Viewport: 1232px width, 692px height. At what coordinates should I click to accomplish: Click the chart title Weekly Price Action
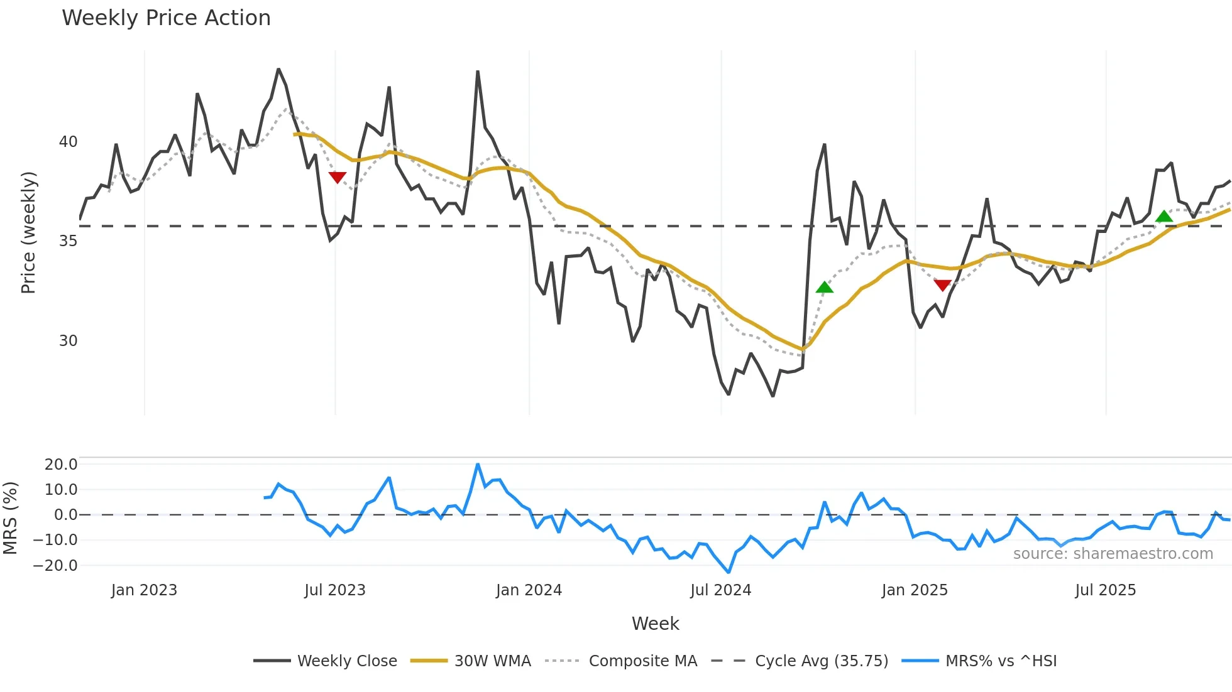pyautogui.click(x=166, y=18)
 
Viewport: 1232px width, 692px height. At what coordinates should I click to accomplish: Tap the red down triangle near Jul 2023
pyautogui.click(x=338, y=177)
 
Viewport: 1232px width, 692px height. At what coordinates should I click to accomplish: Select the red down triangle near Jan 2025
pyautogui.click(x=942, y=285)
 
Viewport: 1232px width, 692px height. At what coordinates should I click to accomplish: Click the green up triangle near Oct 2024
pyautogui.click(x=824, y=288)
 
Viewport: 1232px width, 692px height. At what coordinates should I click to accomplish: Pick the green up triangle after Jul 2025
pyautogui.click(x=1164, y=217)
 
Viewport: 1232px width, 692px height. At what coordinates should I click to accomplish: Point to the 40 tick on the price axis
pyautogui.click(x=68, y=142)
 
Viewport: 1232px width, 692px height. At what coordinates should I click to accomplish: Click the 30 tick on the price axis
pyautogui.click(x=68, y=341)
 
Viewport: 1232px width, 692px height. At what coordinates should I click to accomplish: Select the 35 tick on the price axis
pyautogui.click(x=68, y=241)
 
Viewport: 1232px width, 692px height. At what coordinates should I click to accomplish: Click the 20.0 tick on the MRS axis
pyautogui.click(x=61, y=465)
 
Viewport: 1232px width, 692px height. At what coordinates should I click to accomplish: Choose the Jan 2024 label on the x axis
pyautogui.click(x=529, y=590)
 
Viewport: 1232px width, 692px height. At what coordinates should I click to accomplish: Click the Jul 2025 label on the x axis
pyautogui.click(x=1105, y=590)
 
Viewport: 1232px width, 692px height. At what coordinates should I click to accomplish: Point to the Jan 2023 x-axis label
pyautogui.click(x=144, y=590)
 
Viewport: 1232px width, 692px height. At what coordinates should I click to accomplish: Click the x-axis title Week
pyautogui.click(x=655, y=624)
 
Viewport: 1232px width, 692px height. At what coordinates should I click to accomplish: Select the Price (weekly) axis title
pyautogui.click(x=28, y=232)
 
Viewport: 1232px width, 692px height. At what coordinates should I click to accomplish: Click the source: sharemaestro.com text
pyautogui.click(x=1113, y=554)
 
